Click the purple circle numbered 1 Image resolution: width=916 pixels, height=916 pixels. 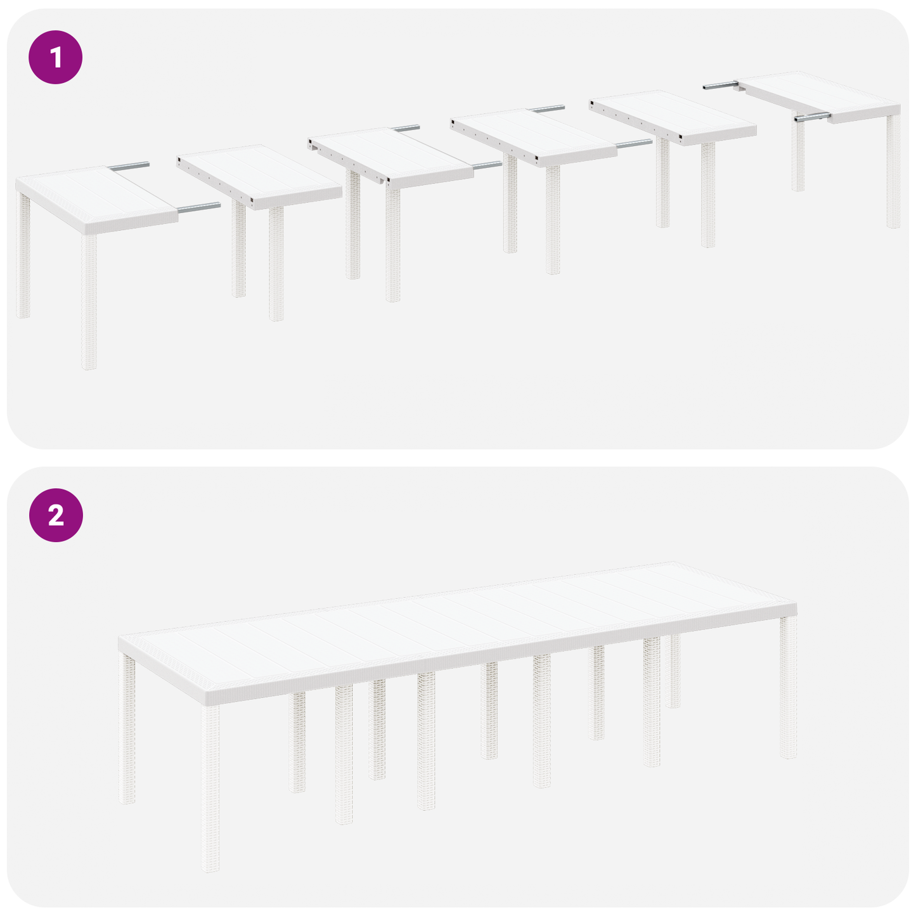pos(56,57)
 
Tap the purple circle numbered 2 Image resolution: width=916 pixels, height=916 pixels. pos(56,515)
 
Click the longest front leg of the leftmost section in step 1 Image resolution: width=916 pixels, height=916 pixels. pos(89,298)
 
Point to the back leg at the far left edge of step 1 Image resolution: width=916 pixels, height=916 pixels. pos(23,254)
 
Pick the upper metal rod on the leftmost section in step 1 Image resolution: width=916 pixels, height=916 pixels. pos(129,166)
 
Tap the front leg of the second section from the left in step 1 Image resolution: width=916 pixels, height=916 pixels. pos(276,263)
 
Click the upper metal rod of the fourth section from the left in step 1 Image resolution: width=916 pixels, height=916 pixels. pos(548,109)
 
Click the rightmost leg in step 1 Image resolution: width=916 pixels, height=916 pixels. pos(893,171)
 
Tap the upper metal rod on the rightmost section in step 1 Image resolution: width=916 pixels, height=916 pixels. pos(719,85)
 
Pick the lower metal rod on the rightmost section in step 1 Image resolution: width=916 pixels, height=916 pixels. pos(812,117)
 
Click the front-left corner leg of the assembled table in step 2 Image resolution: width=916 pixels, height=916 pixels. pos(211,786)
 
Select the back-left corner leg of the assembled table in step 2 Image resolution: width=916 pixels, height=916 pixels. pos(127,729)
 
